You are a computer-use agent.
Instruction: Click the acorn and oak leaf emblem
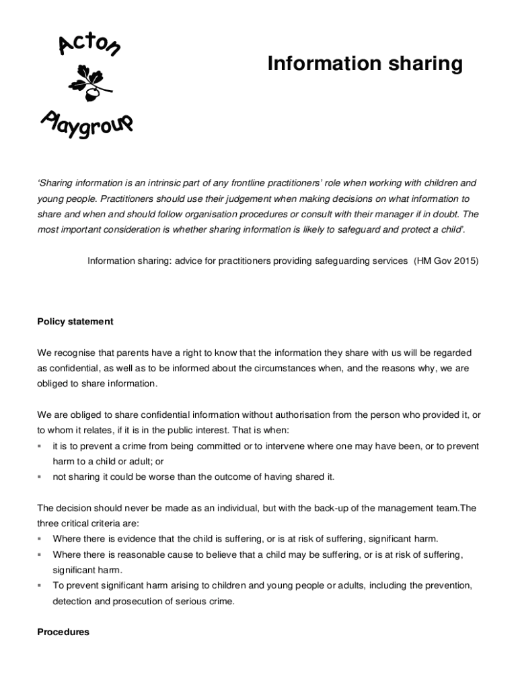point(89,82)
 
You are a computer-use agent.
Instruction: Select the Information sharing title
point(365,64)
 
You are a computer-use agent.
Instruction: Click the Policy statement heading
point(75,322)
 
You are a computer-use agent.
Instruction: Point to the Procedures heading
point(63,632)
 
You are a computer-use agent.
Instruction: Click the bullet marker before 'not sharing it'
point(40,477)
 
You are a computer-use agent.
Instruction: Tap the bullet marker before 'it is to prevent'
point(40,446)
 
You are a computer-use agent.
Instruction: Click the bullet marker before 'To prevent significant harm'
point(40,586)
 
